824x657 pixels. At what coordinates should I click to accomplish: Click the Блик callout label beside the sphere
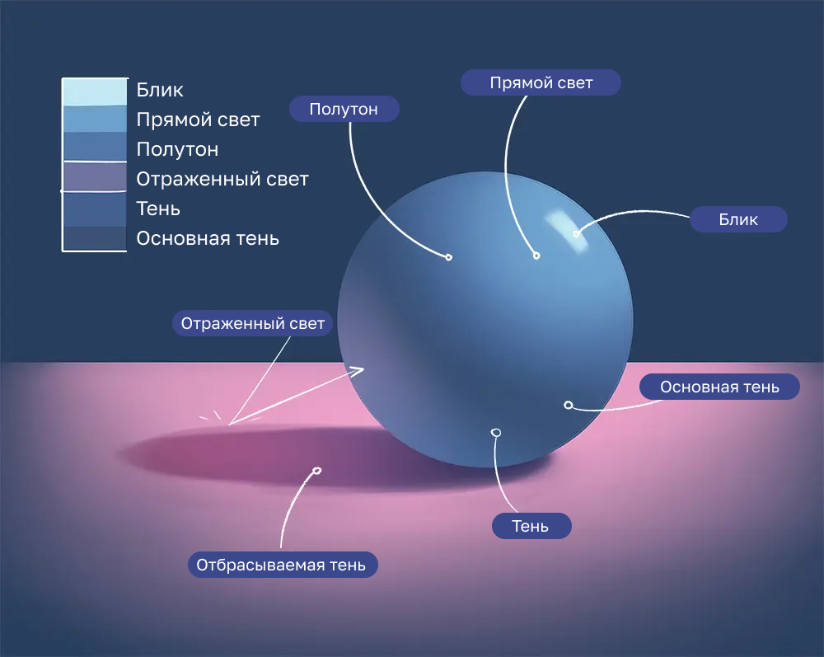coord(737,219)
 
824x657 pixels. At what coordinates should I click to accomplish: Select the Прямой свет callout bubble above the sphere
coord(541,82)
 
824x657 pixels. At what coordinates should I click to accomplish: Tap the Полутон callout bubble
coord(344,109)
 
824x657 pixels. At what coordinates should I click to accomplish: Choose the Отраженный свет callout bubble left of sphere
coord(253,323)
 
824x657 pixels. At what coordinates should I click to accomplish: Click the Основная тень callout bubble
coord(719,387)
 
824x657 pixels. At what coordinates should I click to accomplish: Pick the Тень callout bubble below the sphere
coord(531,526)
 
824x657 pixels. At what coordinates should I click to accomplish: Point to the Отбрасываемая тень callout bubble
coord(283,565)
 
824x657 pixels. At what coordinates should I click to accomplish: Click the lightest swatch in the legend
coord(95,92)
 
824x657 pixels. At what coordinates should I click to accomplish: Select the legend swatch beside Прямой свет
coord(95,120)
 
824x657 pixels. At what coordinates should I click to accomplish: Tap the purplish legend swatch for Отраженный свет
coord(95,176)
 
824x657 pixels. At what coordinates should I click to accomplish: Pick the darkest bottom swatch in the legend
coord(95,238)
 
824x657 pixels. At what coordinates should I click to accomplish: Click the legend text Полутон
coord(177,149)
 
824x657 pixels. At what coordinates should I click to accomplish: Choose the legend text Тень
coord(158,209)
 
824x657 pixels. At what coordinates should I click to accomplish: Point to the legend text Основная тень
coord(208,238)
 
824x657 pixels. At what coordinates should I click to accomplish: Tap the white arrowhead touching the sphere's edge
coord(357,372)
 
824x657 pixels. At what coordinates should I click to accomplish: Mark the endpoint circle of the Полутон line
coord(449,257)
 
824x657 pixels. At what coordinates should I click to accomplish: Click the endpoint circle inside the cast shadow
coord(317,471)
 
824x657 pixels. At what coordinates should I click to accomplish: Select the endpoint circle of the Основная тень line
coord(568,405)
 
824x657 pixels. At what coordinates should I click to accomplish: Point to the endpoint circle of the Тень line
coord(495,433)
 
